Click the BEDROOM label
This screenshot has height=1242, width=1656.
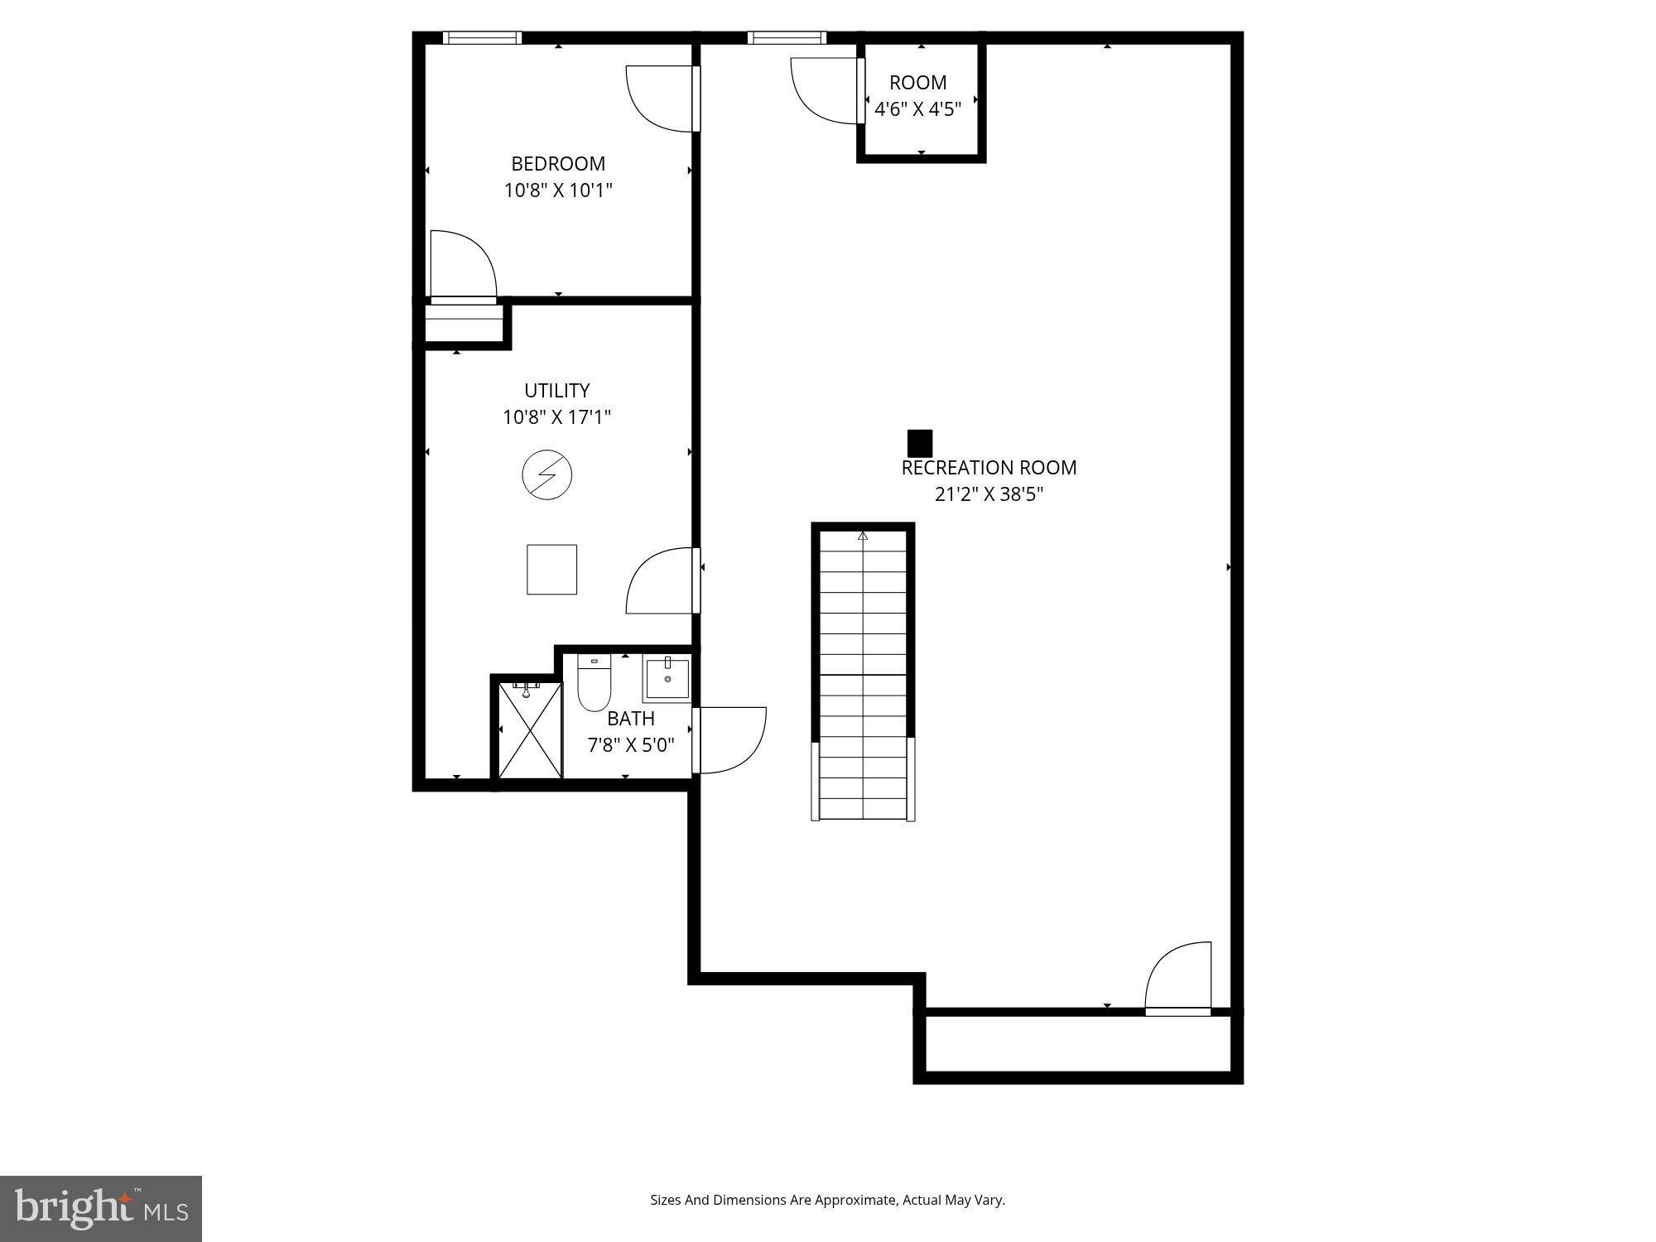557,163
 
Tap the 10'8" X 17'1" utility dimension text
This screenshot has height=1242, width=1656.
556,416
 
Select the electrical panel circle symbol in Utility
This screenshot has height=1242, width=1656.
546,474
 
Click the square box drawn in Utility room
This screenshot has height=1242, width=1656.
551,569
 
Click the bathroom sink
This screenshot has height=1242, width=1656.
667,678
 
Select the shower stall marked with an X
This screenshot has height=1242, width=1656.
530,730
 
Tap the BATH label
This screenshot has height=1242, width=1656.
630,718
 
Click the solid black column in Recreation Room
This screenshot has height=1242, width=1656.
919,443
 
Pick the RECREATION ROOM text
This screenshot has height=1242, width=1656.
988,467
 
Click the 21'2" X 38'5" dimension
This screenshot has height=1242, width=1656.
988,494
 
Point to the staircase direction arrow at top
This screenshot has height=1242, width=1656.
862,536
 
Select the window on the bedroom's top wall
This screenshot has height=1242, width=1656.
482,37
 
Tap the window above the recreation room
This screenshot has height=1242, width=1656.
786,37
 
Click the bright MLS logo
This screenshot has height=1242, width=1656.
100,1208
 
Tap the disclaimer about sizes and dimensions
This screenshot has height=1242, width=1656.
826,1200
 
